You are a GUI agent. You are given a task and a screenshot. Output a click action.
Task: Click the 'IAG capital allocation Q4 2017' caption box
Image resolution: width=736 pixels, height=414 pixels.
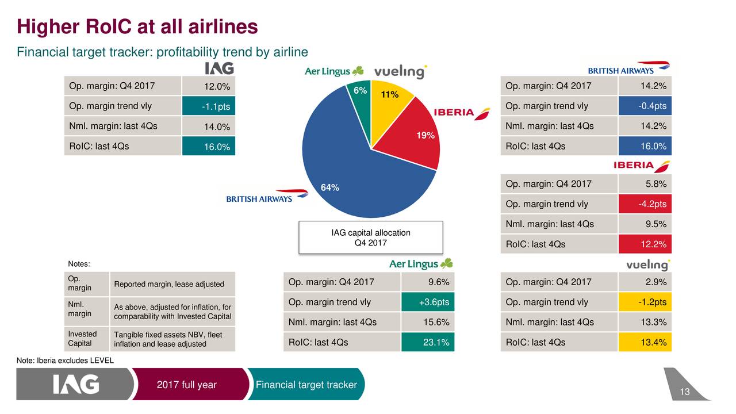[371, 237]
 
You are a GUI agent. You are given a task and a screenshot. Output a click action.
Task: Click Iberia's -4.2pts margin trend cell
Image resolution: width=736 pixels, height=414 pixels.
[645, 204]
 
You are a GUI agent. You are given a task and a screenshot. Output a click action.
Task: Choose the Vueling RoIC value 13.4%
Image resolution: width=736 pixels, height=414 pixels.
[645, 342]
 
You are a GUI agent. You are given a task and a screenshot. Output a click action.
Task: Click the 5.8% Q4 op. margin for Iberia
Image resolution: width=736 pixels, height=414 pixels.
[645, 184]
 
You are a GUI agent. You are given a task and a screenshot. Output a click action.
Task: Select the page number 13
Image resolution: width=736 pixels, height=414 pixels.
[684, 392]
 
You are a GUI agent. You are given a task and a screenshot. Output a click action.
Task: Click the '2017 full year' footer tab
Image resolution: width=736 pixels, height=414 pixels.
[187, 385]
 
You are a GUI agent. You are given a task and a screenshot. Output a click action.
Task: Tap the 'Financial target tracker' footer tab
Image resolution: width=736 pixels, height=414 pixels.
[306, 385]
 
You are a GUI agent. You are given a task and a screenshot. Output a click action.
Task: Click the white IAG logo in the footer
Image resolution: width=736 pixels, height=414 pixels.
[76, 385]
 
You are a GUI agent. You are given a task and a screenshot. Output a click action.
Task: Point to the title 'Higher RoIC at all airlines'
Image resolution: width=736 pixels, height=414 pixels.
[137, 26]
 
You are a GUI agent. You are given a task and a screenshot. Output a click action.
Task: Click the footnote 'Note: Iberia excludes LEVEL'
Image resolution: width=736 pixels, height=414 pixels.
[66, 361]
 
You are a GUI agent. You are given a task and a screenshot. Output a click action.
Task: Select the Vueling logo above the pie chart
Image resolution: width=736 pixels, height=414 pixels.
[400, 72]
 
